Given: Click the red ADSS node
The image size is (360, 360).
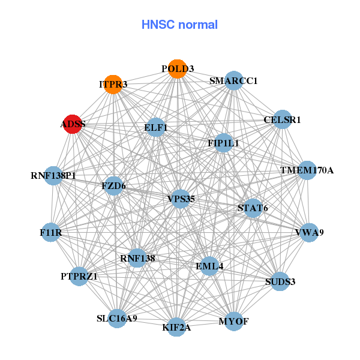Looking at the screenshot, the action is point(73,124).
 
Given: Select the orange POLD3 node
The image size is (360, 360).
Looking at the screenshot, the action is point(176,69).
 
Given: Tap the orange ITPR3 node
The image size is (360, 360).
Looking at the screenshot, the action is point(113,84).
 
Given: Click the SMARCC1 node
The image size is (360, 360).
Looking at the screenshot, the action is point(233,80).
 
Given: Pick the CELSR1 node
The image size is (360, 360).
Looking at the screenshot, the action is point(281,119).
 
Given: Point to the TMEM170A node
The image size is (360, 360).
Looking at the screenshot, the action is point(307,170).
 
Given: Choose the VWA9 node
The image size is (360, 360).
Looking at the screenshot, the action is point(308,232).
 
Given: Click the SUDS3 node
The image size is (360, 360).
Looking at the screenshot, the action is point(280,281).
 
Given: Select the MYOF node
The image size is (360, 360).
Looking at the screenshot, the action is point(233,322).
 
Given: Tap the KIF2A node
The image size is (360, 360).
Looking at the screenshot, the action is point(176,327).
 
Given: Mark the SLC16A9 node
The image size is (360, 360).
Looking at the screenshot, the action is point(118,318).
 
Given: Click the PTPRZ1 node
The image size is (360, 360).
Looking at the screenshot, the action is point(79,276).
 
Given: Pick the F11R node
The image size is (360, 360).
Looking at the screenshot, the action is point(51,232).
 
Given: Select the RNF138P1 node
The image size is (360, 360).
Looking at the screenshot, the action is point(53,176).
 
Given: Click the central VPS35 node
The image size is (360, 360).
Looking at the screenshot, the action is point(181,198).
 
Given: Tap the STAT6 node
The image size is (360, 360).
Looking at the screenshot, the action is point(253,208).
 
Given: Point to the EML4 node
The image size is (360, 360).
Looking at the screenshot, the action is point(209,266).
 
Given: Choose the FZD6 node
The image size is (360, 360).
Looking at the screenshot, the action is point(113,186).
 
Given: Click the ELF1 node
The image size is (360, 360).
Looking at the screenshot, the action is point(156,127).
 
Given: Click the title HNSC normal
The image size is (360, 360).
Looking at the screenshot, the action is point(179,25).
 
